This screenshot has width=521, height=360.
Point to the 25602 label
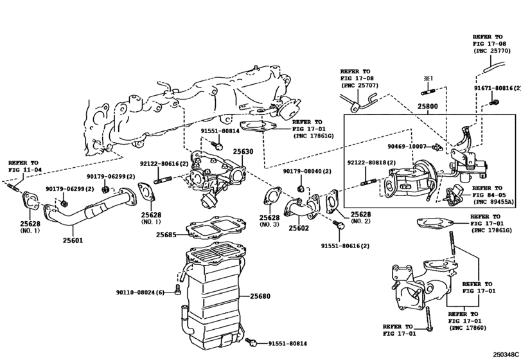click(299, 227)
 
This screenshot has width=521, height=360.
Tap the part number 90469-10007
click(407, 147)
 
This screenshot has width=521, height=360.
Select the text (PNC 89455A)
click(493, 201)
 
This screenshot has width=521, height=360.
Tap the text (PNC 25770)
click(492, 50)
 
